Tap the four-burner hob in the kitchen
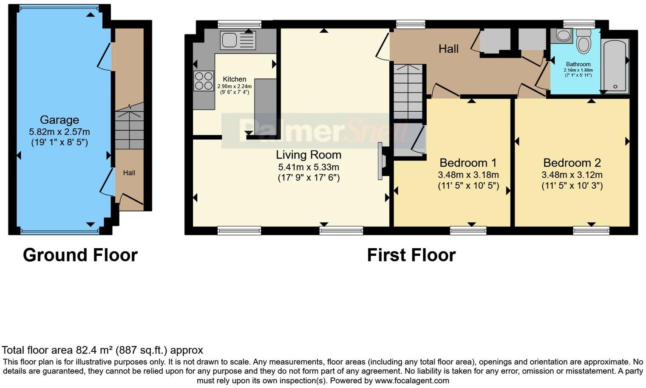point(204,81)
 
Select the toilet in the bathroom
point(584,42)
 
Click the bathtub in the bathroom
point(615,66)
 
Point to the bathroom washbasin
point(564,36)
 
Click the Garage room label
point(59,120)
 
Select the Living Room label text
point(309,155)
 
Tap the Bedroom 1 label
point(468,163)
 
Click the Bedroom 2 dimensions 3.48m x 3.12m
point(572,175)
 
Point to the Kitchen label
point(235,79)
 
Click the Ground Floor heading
point(80,255)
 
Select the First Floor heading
point(411,255)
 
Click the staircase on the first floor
point(408,91)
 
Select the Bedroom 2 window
point(591,231)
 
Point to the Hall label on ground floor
point(129,173)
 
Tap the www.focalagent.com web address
point(412,380)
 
